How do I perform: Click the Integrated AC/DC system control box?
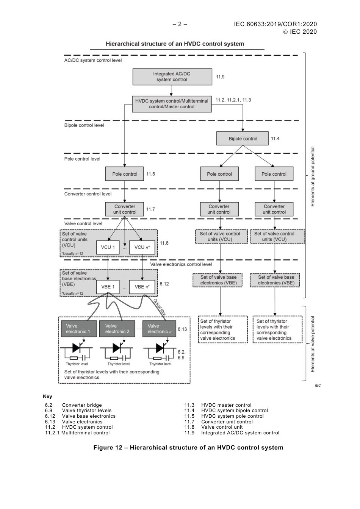pos(172,77)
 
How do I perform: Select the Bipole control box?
pos(243,139)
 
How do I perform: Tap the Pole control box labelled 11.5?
pos(125,174)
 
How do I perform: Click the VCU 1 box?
pos(108,247)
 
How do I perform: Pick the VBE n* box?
pos(142,287)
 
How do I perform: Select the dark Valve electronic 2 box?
pos(117,329)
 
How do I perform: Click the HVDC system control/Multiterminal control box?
pos(172,104)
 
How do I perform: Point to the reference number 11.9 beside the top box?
pos(220,77)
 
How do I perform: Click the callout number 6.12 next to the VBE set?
pos(164,284)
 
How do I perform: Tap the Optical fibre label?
pos(160,307)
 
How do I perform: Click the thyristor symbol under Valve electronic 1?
pos(77,347)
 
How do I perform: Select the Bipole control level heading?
pos(84,125)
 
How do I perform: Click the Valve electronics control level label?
pos(181,264)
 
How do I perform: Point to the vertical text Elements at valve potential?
pos(313,344)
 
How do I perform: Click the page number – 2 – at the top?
pos(180,24)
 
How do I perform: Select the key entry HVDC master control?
pos(226,405)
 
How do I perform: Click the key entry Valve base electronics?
pos(89,416)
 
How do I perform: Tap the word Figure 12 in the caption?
pos(108,448)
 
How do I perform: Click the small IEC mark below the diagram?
pos(318,386)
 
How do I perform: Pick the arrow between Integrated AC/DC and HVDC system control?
pos(171,91)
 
